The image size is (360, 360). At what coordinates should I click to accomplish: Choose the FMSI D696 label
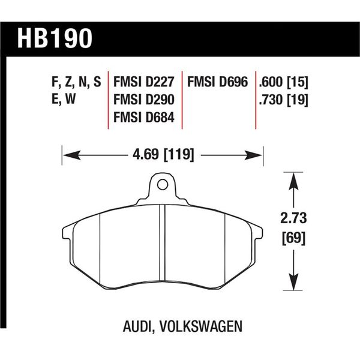[218, 82]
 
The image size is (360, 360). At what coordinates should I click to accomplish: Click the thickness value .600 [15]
[283, 82]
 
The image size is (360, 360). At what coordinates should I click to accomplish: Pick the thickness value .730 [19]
[283, 100]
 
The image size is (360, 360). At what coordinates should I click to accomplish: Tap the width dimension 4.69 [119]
[162, 155]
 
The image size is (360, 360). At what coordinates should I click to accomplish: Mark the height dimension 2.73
[293, 217]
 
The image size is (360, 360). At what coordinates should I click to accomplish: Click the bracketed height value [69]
[293, 238]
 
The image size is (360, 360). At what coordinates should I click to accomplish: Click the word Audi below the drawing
[138, 327]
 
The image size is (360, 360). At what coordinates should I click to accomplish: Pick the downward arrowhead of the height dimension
[293, 283]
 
